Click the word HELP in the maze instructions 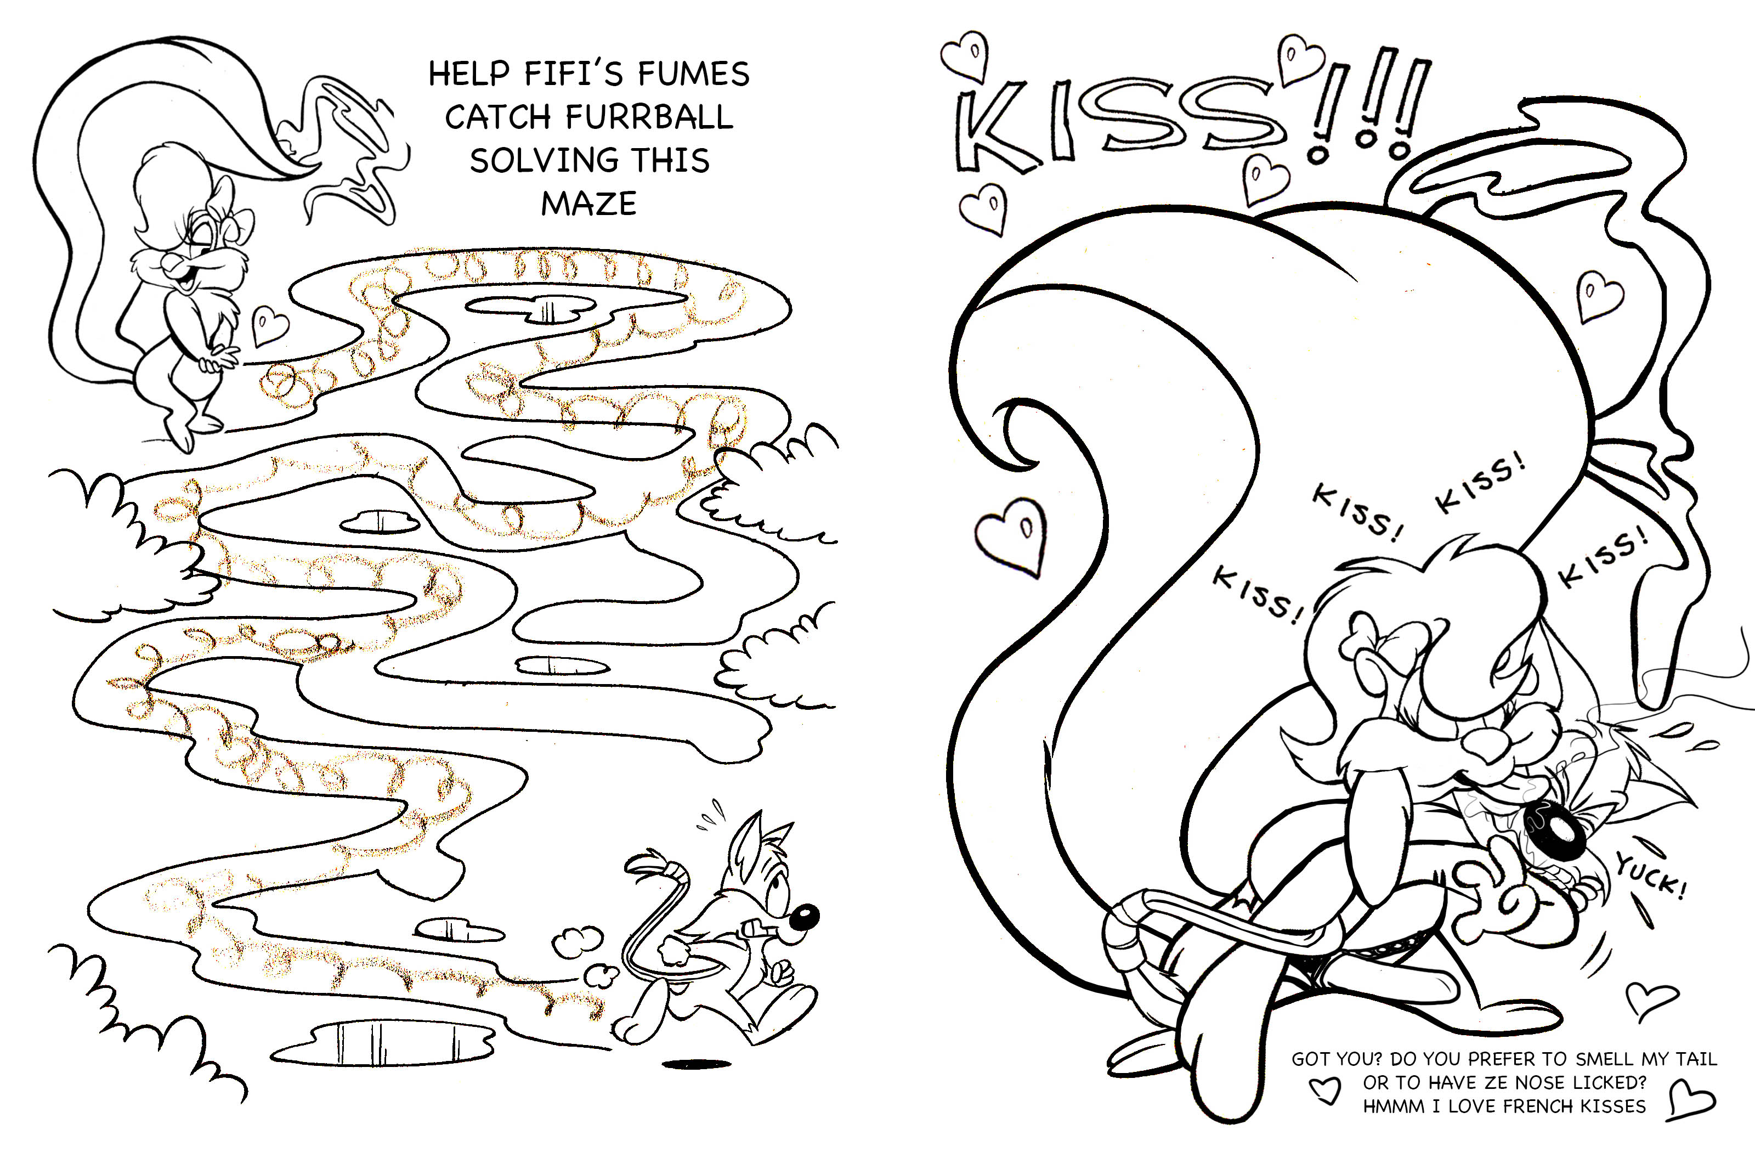[469, 74]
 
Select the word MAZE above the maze [588, 204]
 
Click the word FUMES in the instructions [693, 74]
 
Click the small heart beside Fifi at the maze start [270, 325]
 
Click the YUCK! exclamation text [1650, 876]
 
